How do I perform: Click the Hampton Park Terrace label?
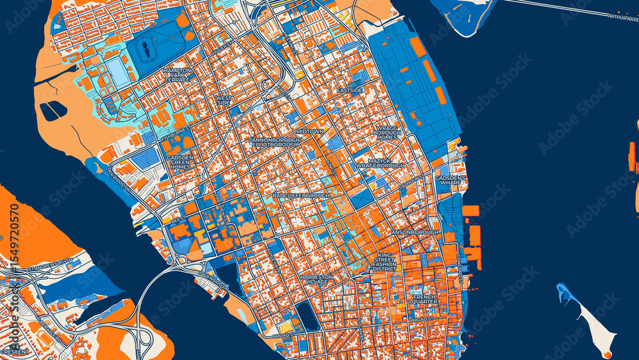[x=177, y=75]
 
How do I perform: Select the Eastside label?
[x=350, y=90]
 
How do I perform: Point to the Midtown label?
[x=309, y=131]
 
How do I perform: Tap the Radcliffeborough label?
[x=300, y=195]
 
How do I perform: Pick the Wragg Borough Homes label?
[x=387, y=132]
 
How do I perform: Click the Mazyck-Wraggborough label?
[x=380, y=162]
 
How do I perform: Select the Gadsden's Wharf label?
[x=450, y=180]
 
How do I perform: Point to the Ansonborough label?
[x=415, y=231]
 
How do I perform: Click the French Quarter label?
[x=424, y=299]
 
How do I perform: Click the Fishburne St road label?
[x=176, y=134]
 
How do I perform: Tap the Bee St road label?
[x=178, y=218]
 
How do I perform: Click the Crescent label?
[x=14, y=352]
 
